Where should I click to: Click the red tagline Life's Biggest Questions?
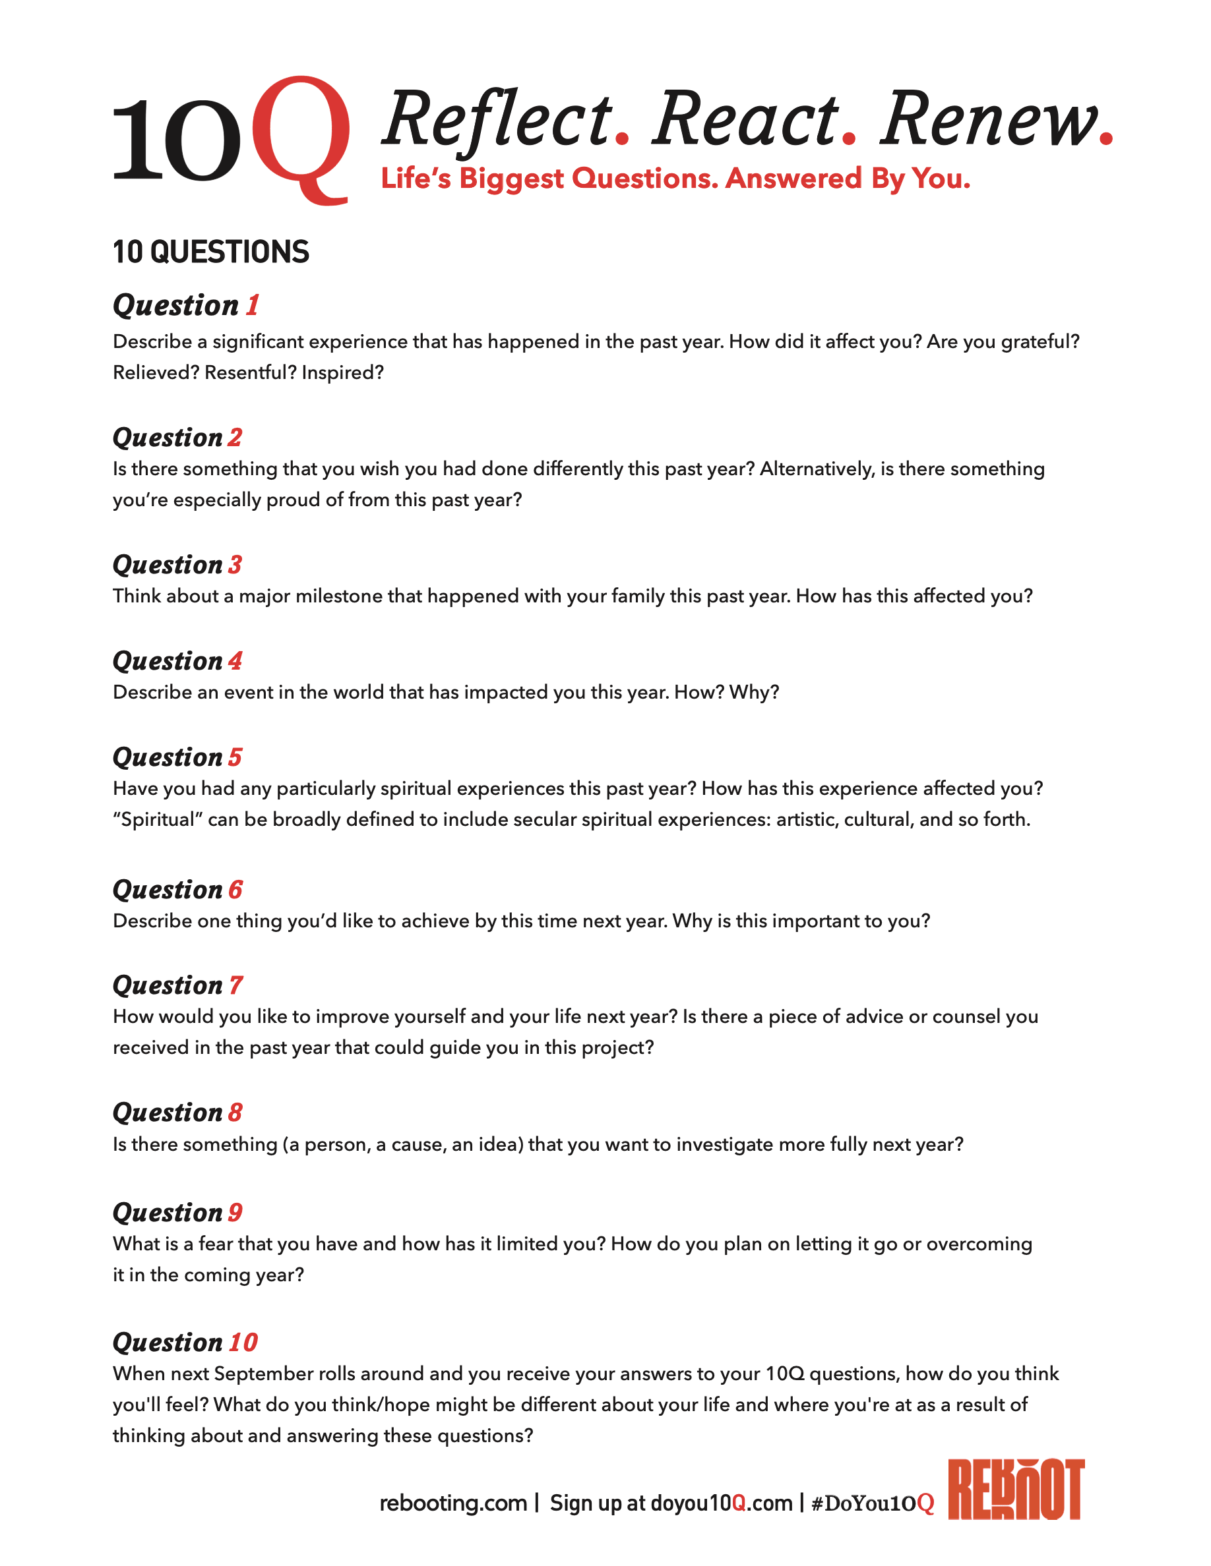coord(674,179)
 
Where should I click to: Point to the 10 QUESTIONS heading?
coord(211,252)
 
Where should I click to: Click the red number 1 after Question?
coord(252,305)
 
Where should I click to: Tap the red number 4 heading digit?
coord(235,661)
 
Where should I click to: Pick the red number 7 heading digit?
coord(235,985)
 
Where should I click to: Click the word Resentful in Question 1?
coord(249,373)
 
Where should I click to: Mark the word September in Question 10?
coord(263,1374)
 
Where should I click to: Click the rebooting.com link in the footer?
coord(452,1503)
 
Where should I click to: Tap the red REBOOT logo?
coord(1015,1490)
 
